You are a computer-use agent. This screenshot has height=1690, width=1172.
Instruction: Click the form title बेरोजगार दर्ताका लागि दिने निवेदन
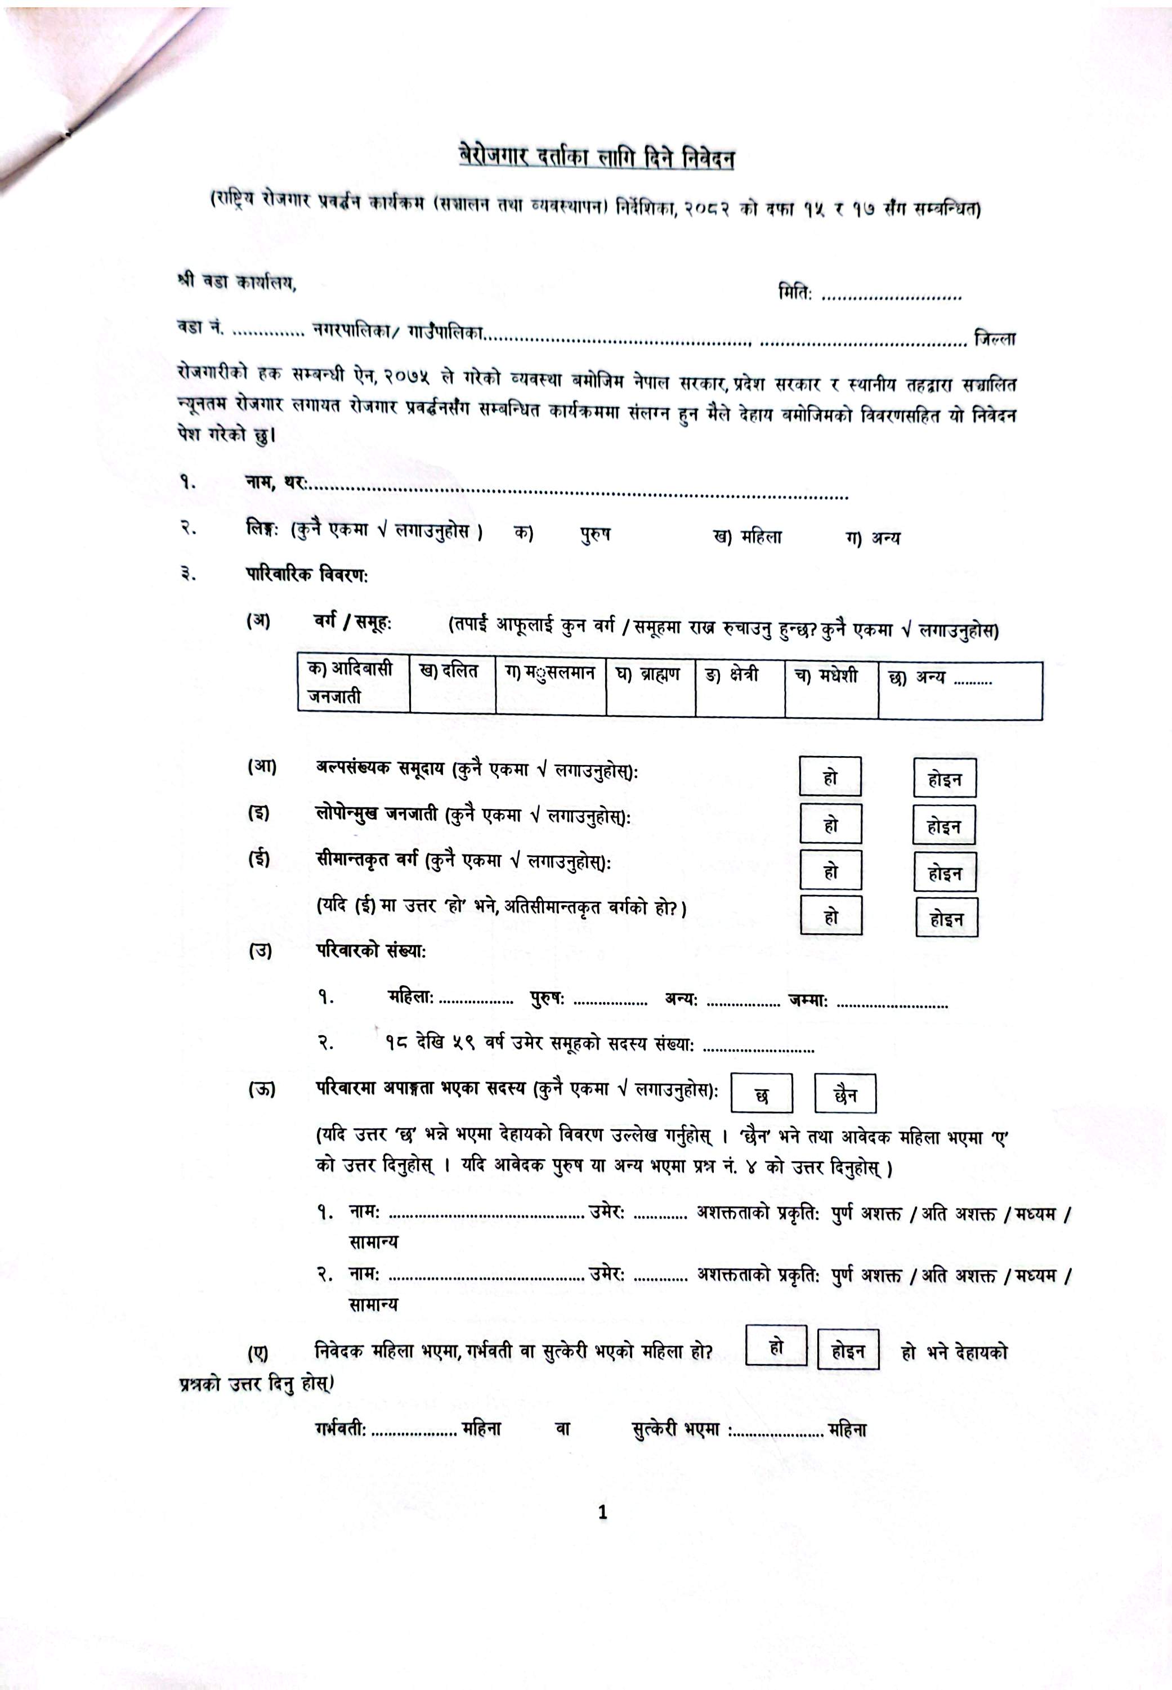pyautogui.click(x=596, y=159)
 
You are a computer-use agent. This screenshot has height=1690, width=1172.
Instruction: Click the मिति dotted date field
pyautogui.click(x=891, y=297)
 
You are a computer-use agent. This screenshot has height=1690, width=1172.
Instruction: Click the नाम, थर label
pyautogui.click(x=276, y=482)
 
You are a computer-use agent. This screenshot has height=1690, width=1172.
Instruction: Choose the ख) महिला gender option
pyautogui.click(x=747, y=537)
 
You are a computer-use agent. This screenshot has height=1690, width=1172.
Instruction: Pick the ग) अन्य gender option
pyautogui.click(x=873, y=538)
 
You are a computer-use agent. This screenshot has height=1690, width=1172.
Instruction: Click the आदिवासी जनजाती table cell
pyautogui.click(x=352, y=683)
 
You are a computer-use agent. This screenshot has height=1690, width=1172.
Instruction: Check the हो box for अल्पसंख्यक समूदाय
pyautogui.click(x=830, y=777)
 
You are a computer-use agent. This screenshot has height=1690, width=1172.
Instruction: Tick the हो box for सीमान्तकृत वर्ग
pyautogui.click(x=830, y=872)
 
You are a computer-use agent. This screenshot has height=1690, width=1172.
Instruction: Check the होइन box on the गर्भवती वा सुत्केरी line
pyautogui.click(x=848, y=1351)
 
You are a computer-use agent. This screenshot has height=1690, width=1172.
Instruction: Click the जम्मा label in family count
pyautogui.click(x=808, y=1000)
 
